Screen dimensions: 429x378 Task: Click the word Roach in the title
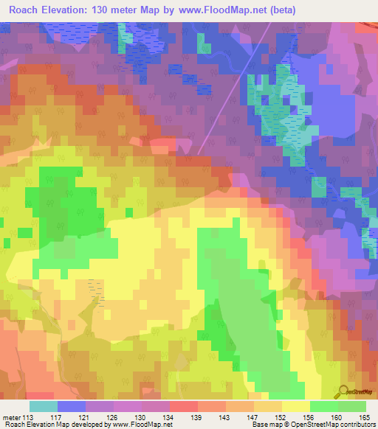26,10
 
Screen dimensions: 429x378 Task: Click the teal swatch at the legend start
44,406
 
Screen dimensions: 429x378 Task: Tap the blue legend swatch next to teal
72,406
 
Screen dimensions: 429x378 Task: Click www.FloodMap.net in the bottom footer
141,425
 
